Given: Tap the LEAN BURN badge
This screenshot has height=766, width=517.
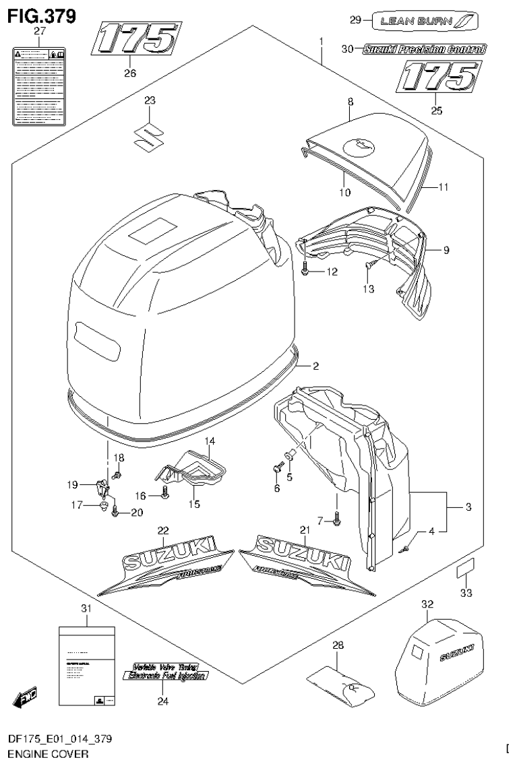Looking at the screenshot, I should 427,21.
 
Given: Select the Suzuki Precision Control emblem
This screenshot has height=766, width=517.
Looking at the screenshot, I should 424,49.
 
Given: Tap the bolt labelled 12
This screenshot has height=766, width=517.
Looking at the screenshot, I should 307,271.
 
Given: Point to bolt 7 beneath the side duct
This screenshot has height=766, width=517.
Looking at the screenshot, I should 336,518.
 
